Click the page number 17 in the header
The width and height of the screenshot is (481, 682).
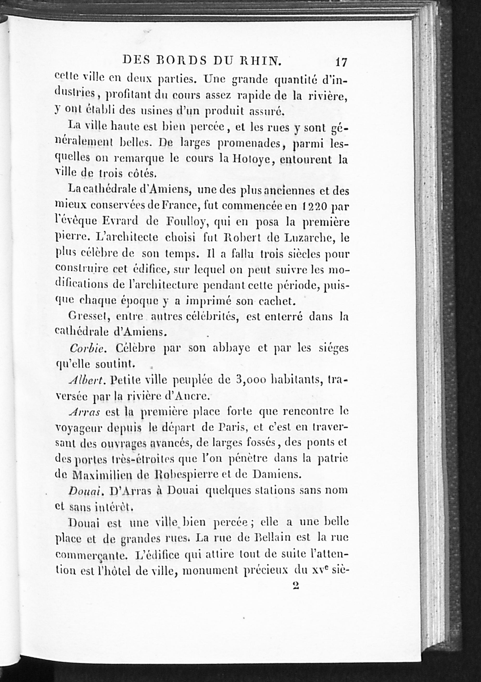tap(341, 62)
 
